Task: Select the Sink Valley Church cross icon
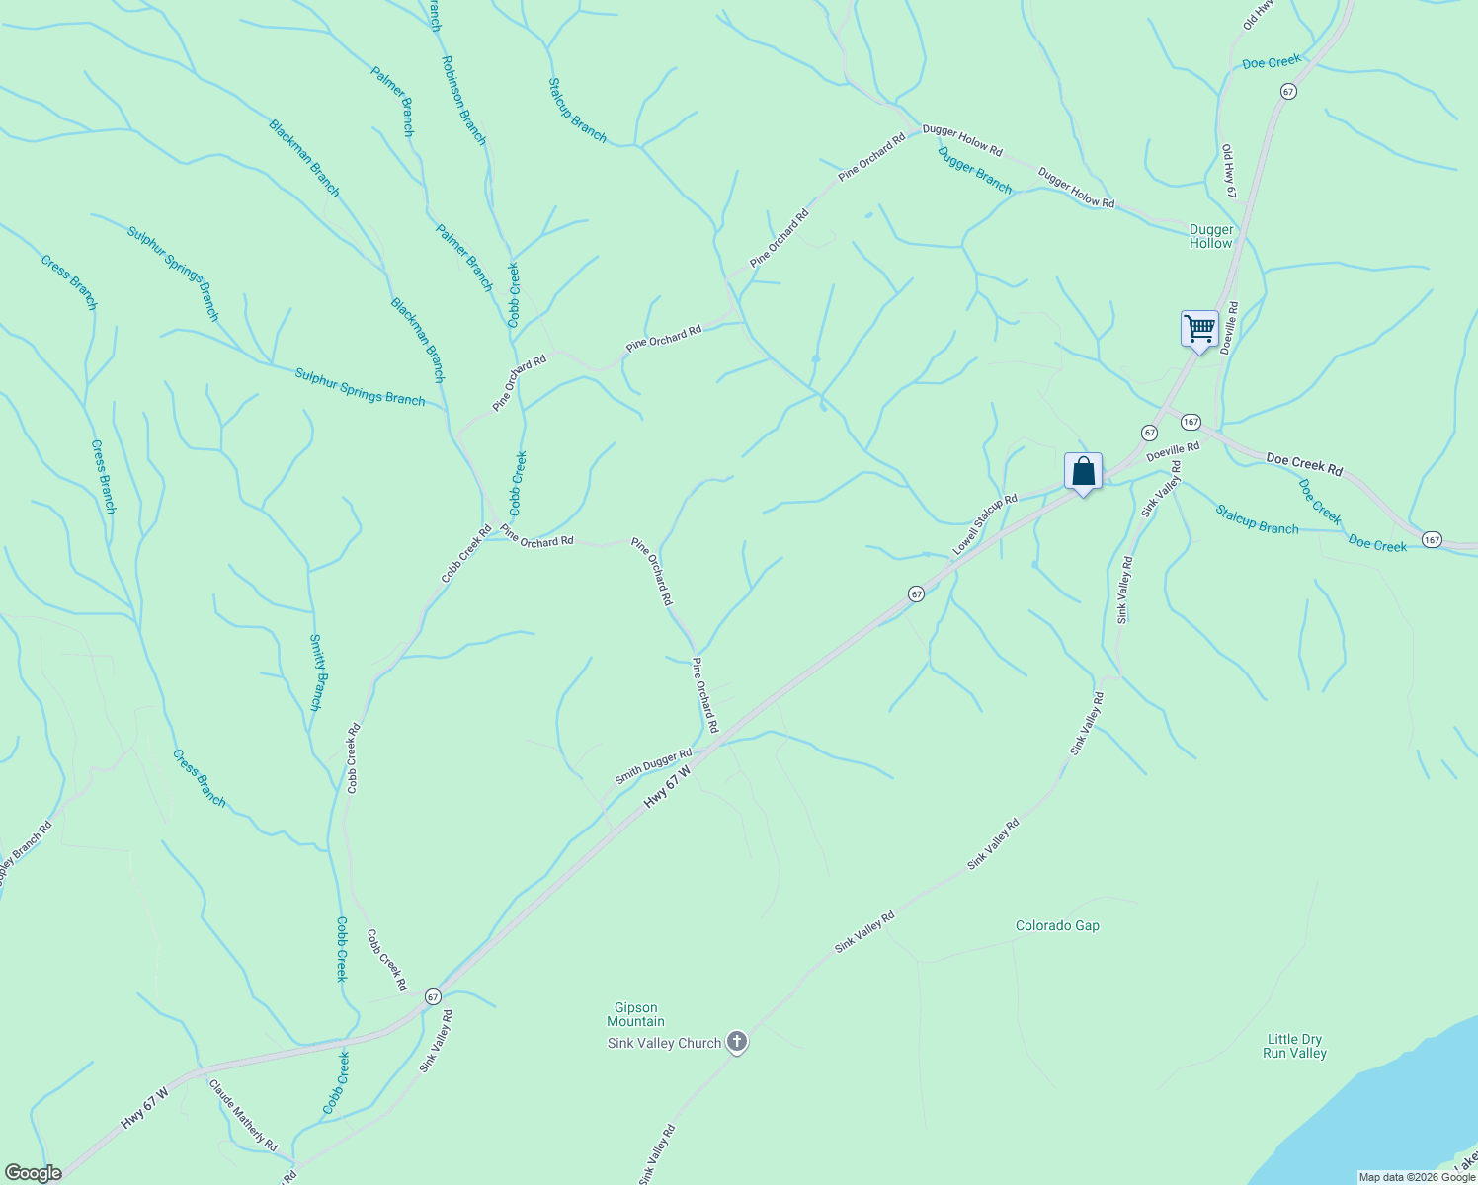(x=736, y=1041)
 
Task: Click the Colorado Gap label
(x=1057, y=926)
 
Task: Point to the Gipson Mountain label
(x=635, y=1015)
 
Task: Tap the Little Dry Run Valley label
(x=1294, y=1046)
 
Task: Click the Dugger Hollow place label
(x=1211, y=236)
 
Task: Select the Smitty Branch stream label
(x=316, y=671)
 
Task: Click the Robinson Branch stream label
(x=463, y=100)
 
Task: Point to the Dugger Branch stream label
(x=974, y=170)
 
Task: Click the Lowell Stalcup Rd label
(x=984, y=524)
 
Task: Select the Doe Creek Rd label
(x=1304, y=464)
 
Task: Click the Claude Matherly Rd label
(x=243, y=1114)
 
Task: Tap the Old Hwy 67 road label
(x=1228, y=172)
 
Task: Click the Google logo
(x=33, y=1173)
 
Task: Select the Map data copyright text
(x=1416, y=1177)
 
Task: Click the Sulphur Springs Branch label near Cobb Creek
(x=360, y=386)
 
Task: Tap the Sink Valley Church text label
(x=664, y=1043)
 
